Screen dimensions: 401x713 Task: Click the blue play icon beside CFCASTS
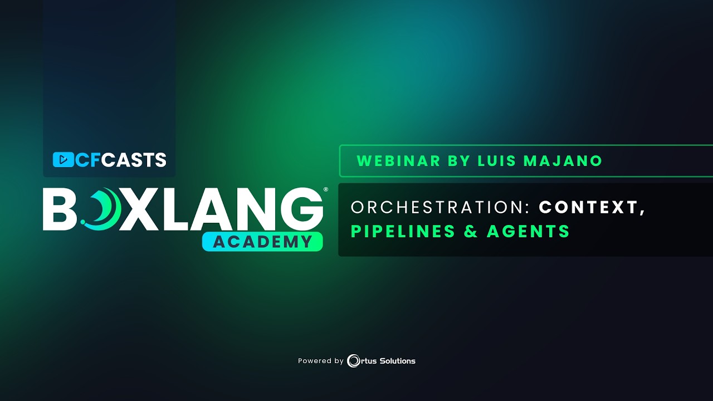pos(63,160)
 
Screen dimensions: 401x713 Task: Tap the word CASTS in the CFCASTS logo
pos(134,160)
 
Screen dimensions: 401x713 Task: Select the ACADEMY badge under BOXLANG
pos(262,242)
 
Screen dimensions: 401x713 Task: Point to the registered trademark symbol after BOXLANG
pos(326,190)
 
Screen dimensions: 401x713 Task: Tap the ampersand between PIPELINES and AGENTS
pos(471,231)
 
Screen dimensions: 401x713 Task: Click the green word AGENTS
pos(528,231)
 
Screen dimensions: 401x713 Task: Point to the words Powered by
pos(320,361)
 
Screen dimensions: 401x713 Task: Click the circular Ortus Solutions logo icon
pos(353,361)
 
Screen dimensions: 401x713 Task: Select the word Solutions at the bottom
pos(398,361)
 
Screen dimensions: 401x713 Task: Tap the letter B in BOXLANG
pos(60,209)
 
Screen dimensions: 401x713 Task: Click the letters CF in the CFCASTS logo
pos(87,160)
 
